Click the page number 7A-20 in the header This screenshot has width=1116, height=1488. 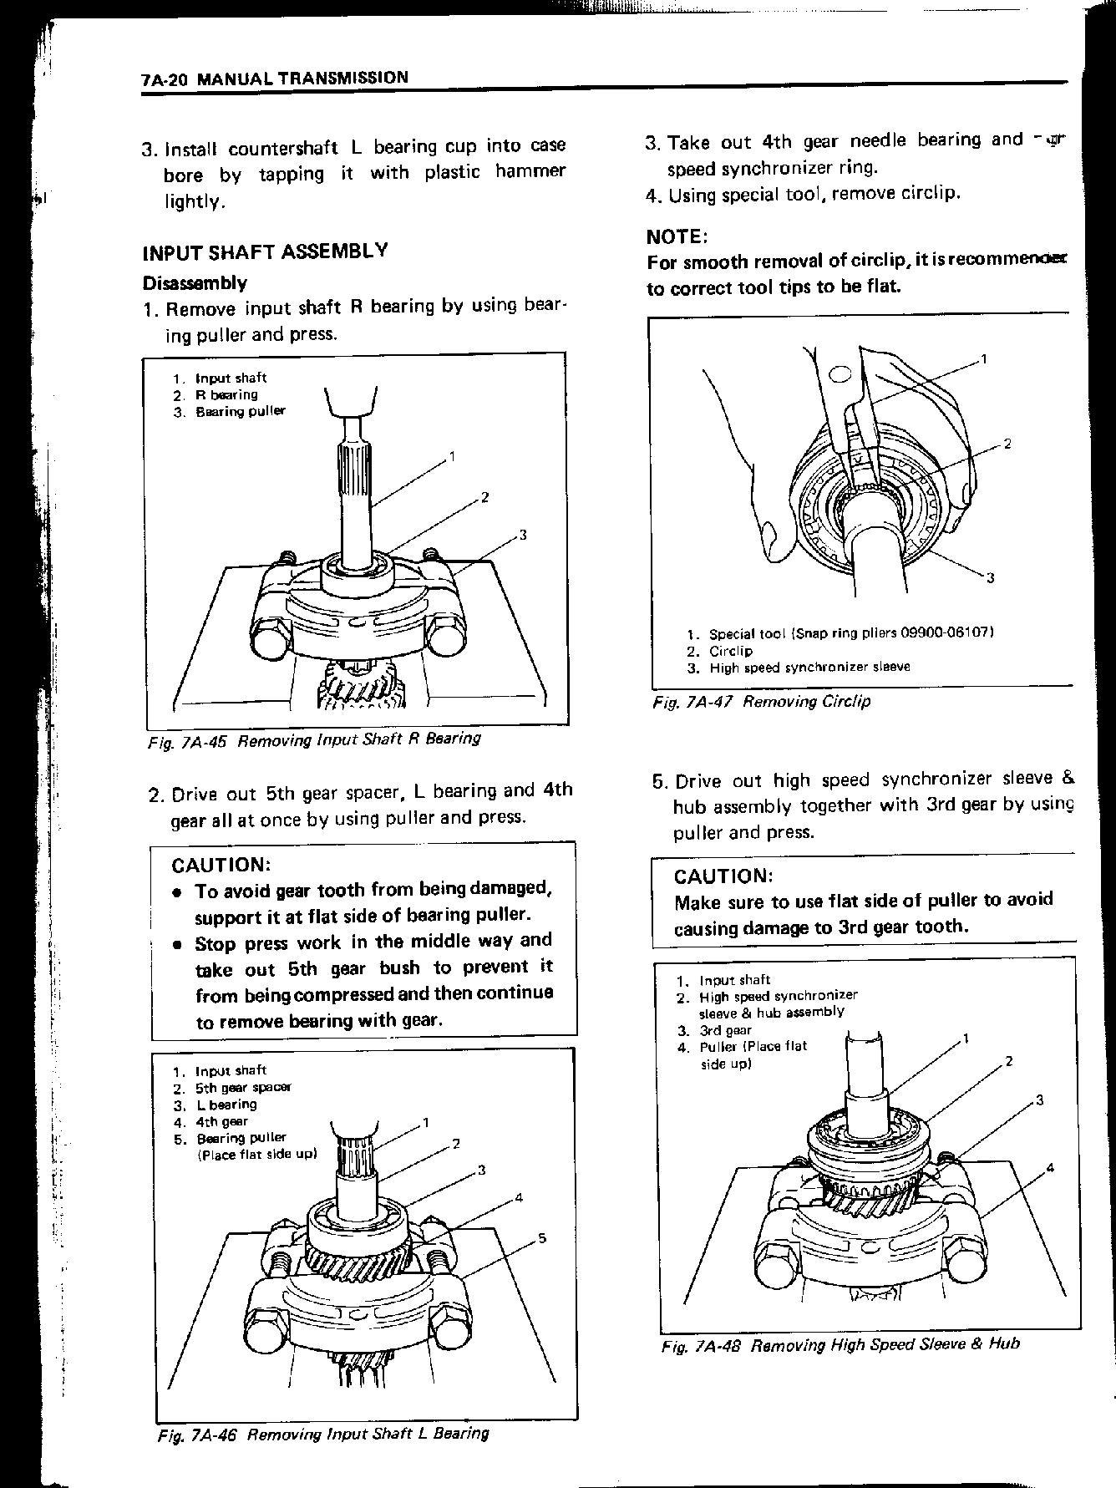167,80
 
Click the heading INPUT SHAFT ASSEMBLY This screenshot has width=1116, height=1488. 265,251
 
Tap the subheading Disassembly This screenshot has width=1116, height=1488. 195,282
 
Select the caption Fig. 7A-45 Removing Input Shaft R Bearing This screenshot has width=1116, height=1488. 313,739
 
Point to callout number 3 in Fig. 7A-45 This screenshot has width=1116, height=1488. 523,535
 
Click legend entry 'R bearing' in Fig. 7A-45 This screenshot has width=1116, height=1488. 226,394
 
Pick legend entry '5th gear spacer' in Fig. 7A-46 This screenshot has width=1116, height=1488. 243,1087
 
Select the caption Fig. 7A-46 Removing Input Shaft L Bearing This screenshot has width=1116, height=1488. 322,1434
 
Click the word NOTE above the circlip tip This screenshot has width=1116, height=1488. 677,236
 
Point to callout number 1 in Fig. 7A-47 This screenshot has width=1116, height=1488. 984,359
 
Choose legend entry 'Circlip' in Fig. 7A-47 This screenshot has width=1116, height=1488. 731,651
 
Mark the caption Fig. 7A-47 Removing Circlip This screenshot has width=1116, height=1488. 761,702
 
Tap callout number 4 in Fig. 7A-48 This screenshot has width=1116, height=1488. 1050,1167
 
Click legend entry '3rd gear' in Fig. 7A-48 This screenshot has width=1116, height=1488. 725,1030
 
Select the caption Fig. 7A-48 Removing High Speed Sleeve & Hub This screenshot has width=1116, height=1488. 840,1345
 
